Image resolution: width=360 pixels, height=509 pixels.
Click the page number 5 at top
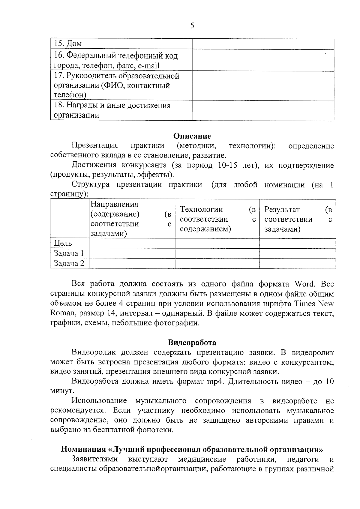click(192, 26)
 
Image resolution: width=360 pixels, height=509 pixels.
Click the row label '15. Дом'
click(68, 44)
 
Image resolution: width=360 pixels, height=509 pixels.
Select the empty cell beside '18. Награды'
click(263, 110)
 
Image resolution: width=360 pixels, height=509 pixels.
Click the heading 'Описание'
click(192, 136)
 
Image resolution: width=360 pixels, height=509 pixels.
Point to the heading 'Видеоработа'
click(192, 343)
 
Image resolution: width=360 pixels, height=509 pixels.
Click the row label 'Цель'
click(63, 243)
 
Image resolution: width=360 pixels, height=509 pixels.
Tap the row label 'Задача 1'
click(69, 253)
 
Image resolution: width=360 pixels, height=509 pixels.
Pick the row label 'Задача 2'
click(69, 263)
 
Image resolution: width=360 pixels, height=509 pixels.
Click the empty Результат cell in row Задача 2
click(297, 263)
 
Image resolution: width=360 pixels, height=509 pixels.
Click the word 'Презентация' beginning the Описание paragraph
click(95, 146)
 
